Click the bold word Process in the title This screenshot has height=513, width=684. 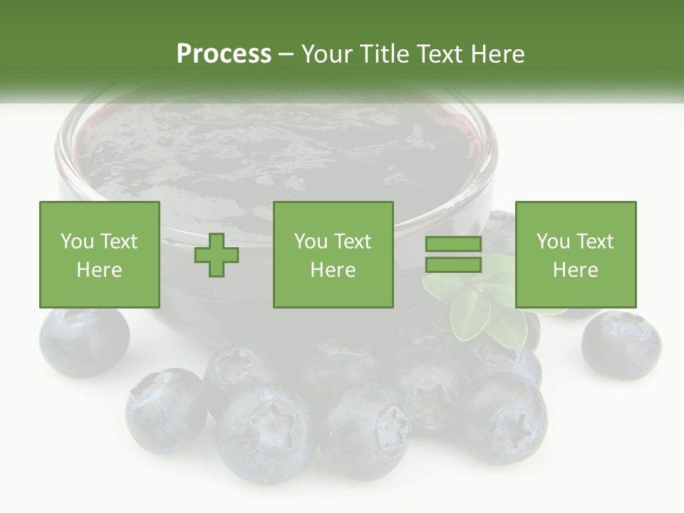click(224, 54)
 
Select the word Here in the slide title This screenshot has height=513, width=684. click(498, 54)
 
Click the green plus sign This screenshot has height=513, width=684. click(217, 255)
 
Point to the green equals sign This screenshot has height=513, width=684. click(453, 254)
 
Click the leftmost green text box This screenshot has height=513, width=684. click(100, 254)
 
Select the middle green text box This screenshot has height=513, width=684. click(333, 254)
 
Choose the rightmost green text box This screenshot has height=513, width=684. click(575, 254)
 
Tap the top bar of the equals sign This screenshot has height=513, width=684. click(453, 244)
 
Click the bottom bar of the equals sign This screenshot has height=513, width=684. click(453, 264)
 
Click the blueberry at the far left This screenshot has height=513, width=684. click(84, 341)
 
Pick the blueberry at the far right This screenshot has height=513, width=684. click(621, 344)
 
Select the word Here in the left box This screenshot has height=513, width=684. click(100, 270)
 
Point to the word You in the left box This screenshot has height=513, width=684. click(76, 242)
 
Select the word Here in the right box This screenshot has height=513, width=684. click(575, 270)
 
